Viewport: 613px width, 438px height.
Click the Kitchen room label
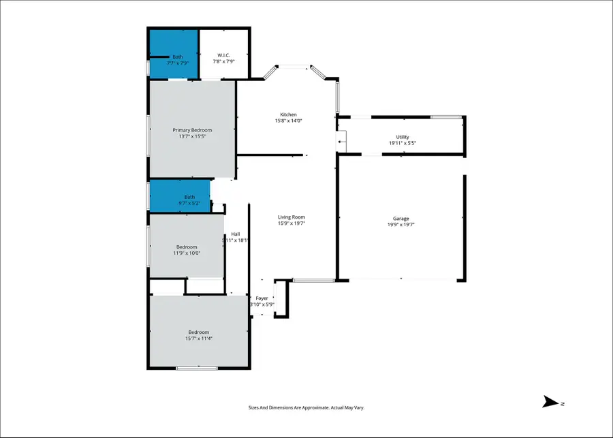coord(288,114)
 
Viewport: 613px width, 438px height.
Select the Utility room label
coord(403,137)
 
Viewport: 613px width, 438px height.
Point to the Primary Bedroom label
coord(192,130)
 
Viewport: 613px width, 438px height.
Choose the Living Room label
coord(291,217)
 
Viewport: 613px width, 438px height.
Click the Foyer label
coord(262,298)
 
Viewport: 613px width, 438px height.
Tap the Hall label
coord(235,234)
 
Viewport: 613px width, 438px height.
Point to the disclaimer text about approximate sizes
coord(306,407)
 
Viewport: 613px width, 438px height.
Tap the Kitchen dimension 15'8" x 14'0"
coord(288,121)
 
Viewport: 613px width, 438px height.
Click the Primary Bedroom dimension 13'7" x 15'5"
coord(192,136)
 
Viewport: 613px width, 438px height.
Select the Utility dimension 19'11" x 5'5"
coord(403,143)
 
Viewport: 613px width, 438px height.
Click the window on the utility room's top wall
coord(445,117)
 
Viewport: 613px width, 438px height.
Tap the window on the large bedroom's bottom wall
coord(197,369)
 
